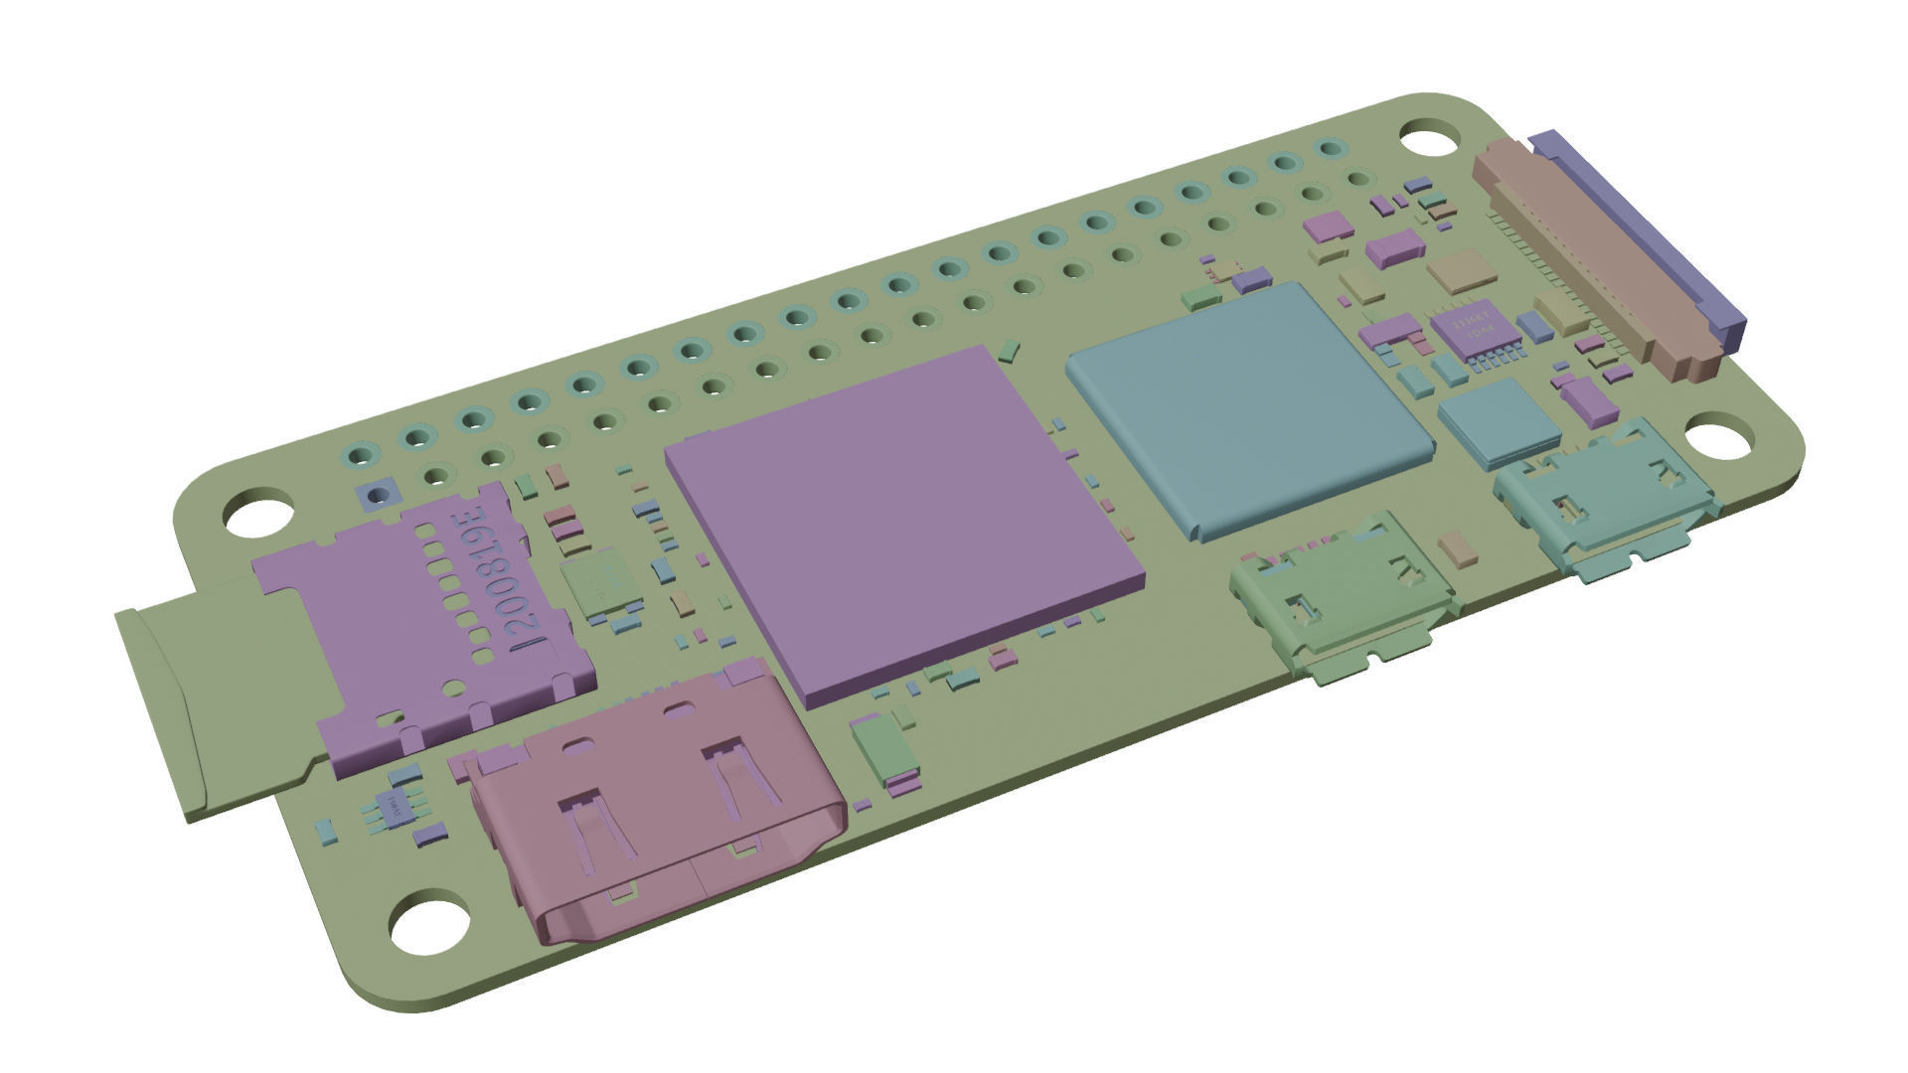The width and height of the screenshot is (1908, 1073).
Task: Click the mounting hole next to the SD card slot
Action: (257, 515)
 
